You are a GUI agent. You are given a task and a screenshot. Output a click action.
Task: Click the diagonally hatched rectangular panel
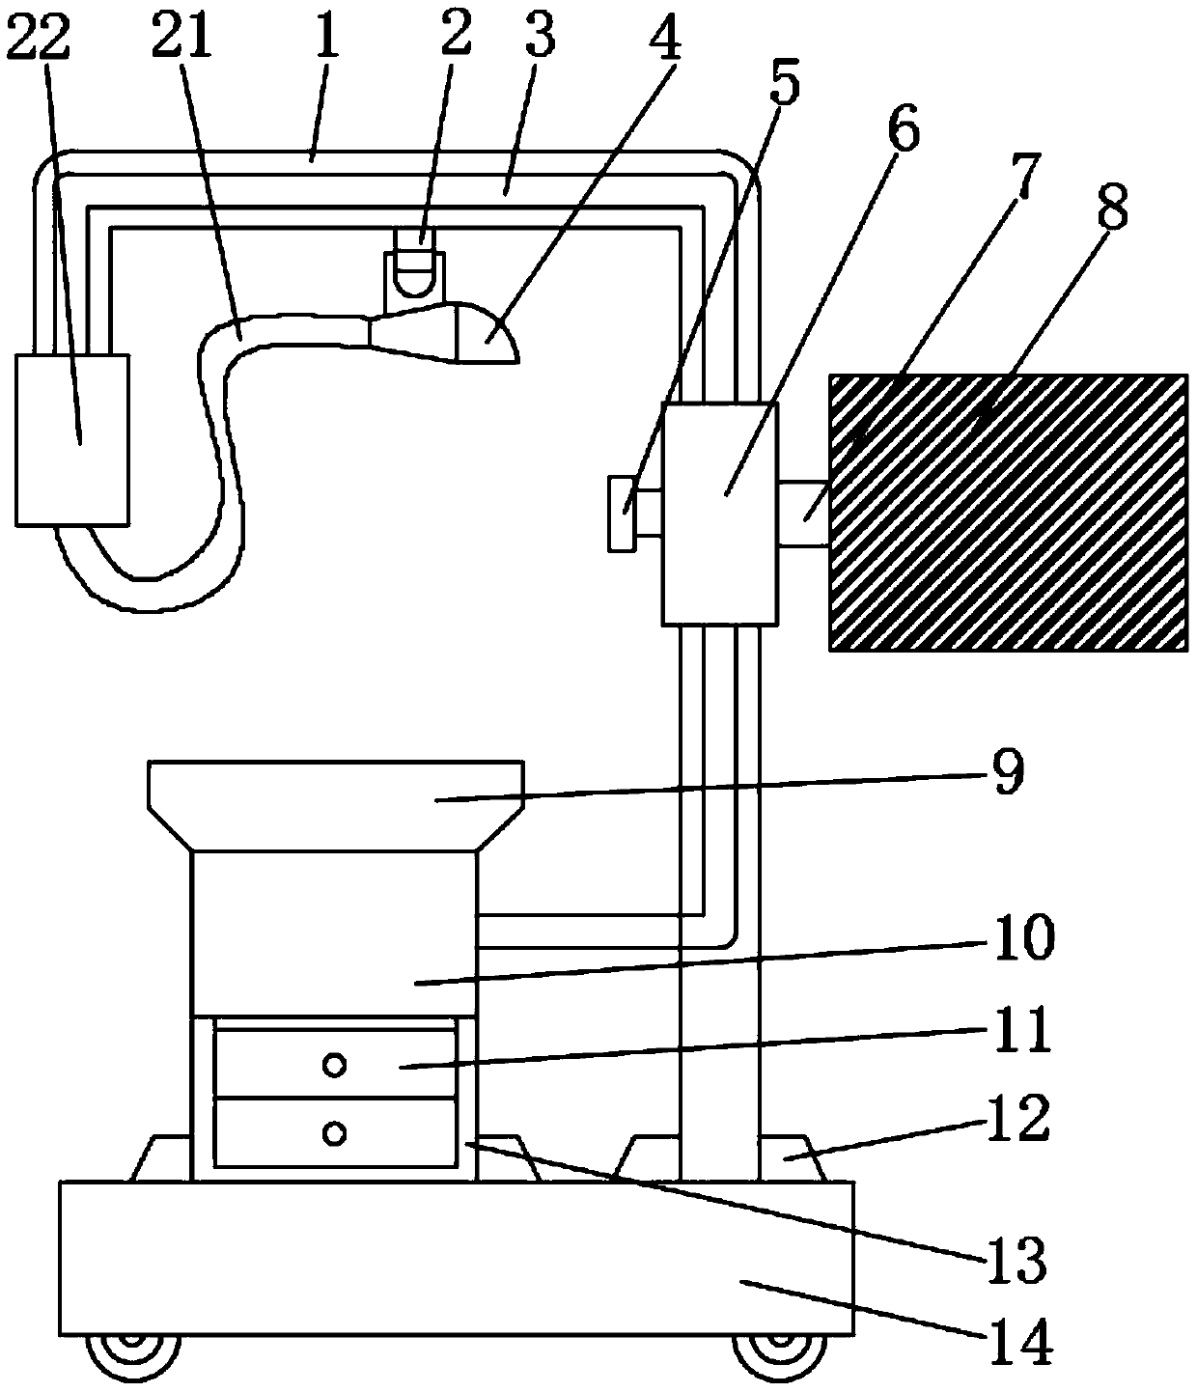pos(1009,514)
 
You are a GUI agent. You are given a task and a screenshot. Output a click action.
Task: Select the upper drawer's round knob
pos(335,1066)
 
